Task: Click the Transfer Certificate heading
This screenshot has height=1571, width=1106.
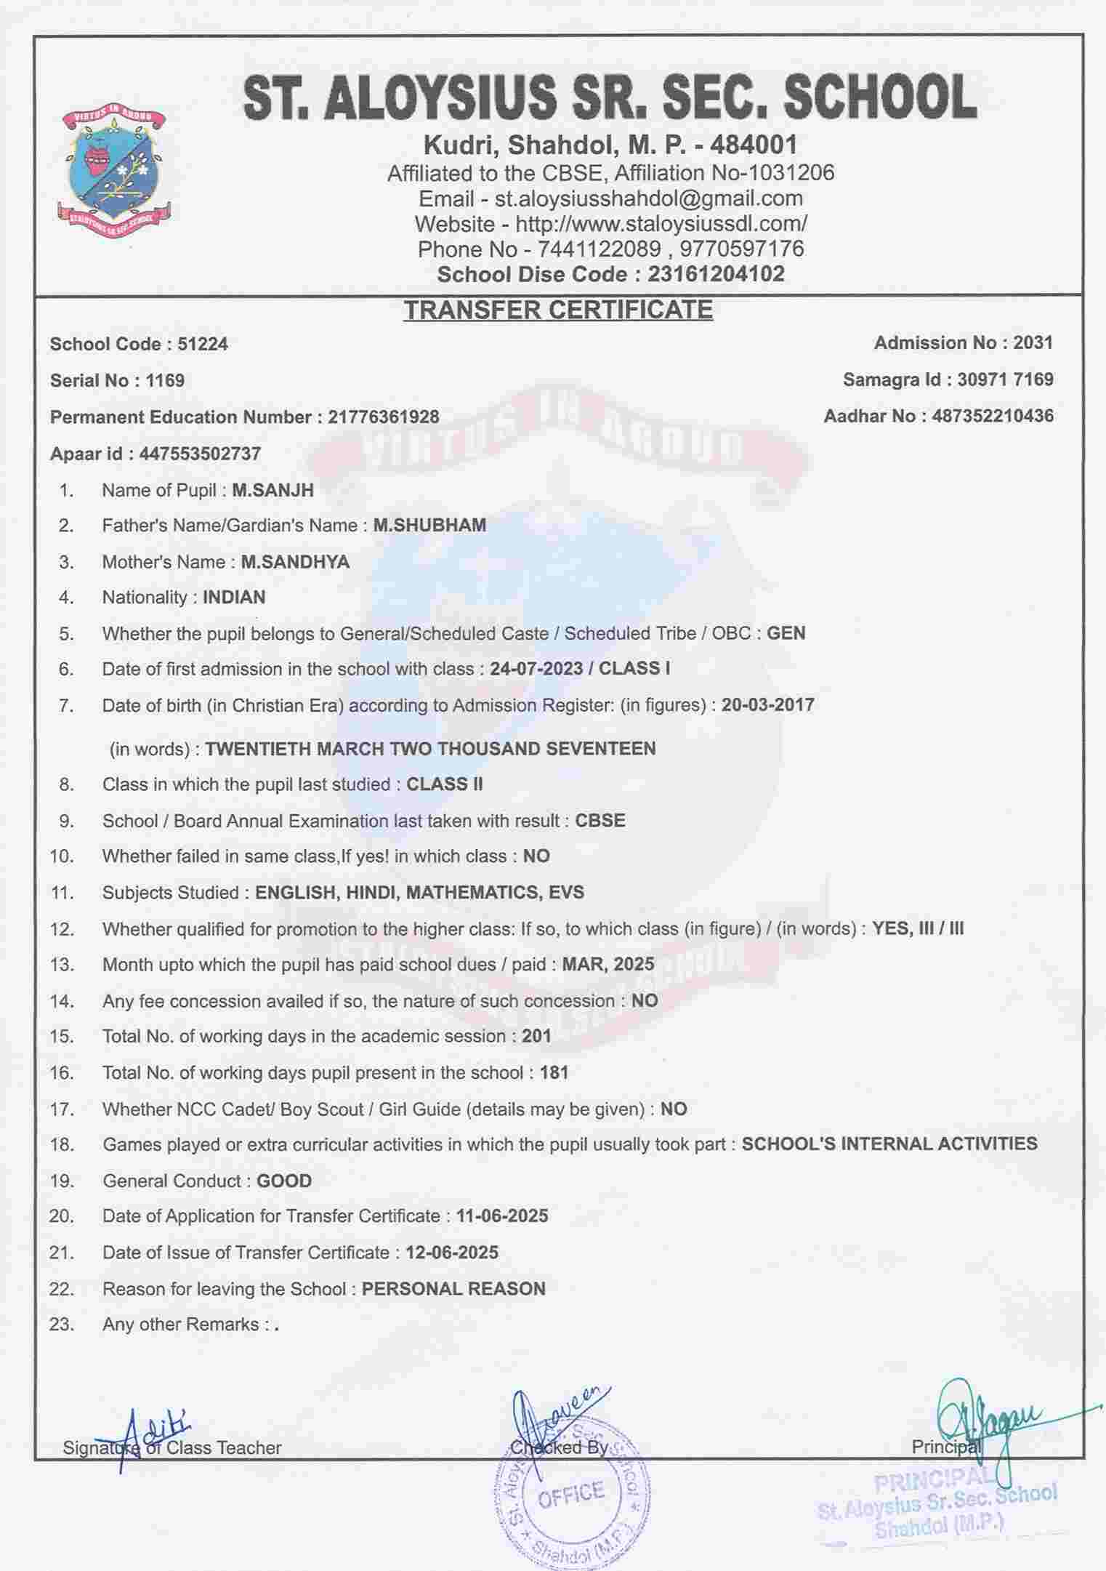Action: (558, 310)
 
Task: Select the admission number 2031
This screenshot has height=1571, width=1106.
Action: (1033, 342)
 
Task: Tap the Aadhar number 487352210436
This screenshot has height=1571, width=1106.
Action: (992, 416)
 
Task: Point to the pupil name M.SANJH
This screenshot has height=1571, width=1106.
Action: (273, 490)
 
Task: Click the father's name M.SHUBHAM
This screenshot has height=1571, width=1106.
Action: (429, 525)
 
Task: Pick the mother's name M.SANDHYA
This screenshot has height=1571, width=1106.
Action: (295, 562)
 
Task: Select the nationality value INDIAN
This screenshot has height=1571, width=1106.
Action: (234, 597)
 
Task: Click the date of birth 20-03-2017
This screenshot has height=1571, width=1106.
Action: (767, 704)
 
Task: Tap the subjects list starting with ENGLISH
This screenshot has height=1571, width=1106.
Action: (419, 892)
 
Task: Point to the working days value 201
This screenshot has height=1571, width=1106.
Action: (536, 1036)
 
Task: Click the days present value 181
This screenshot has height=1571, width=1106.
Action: (554, 1072)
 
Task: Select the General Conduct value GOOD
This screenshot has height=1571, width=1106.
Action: (284, 1181)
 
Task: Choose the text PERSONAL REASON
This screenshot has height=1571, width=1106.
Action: (453, 1289)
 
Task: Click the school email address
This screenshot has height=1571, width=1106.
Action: (648, 198)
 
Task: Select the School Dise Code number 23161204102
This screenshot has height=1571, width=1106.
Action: (716, 274)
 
